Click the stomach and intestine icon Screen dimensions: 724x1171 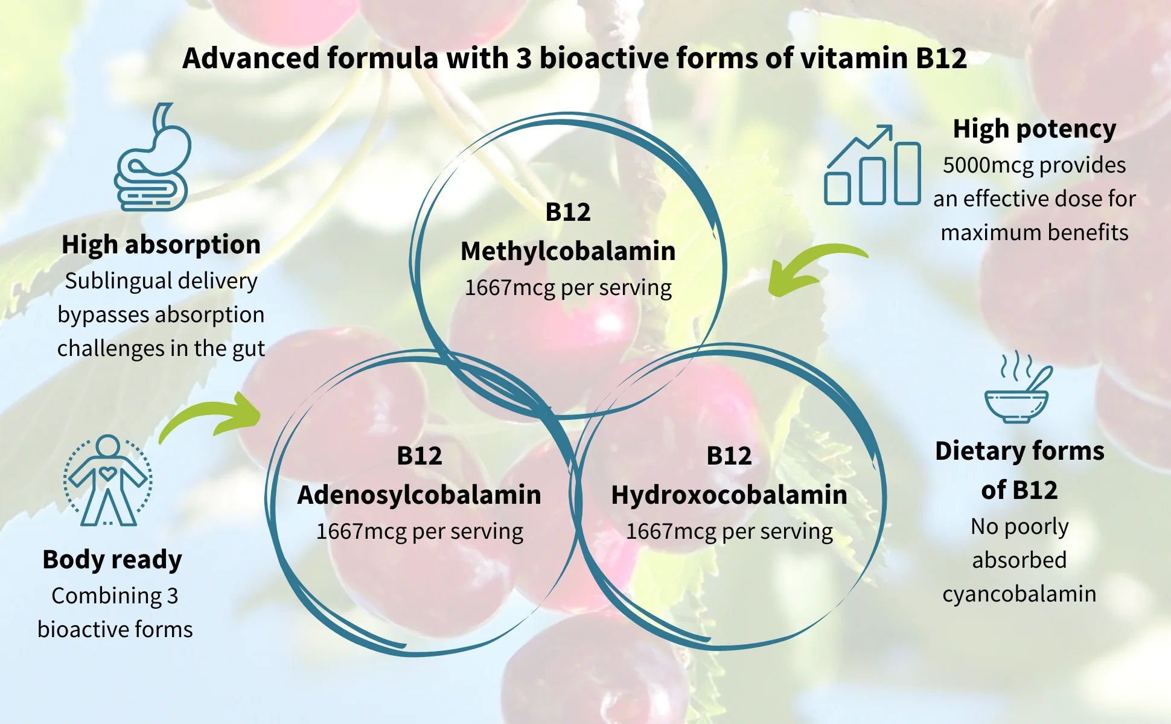point(153,158)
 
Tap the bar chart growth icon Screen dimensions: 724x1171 point(872,167)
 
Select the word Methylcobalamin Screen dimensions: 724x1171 point(567,251)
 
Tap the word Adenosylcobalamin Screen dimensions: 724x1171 point(419,495)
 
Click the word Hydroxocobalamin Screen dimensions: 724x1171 point(729,495)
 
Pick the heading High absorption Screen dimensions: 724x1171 point(161,244)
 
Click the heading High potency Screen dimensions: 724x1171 point(1034,129)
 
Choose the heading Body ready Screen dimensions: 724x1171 point(112,559)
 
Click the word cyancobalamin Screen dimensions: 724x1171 point(1019,594)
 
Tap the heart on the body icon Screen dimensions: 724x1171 point(107,474)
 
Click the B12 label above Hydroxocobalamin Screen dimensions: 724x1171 point(729,456)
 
